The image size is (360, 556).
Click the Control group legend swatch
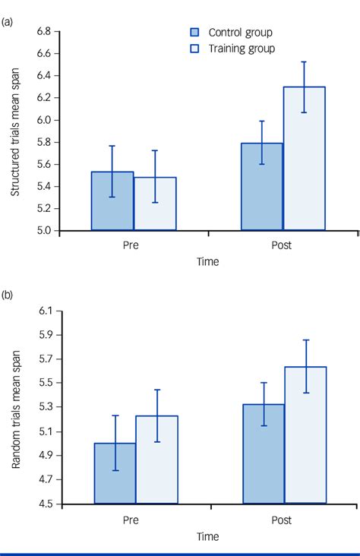tap(194, 33)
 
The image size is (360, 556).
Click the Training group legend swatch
tap(194, 48)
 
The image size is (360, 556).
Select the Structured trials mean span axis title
tap(15, 130)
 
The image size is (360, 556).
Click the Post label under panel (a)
tap(283, 245)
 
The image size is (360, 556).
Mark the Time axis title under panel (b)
tap(206, 536)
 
